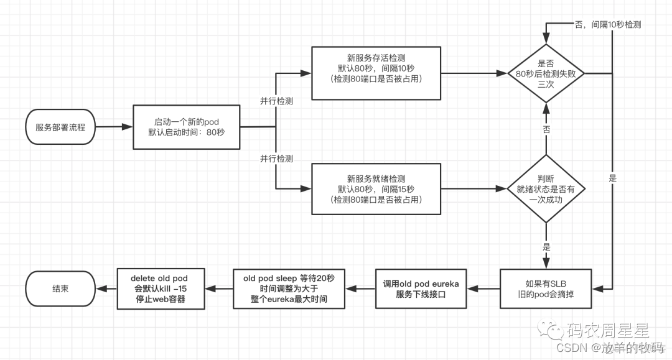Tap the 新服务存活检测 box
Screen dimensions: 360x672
click(x=376, y=72)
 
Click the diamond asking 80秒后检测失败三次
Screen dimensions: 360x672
click(x=546, y=73)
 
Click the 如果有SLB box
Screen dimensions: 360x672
click(x=546, y=288)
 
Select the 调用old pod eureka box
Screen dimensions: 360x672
click(x=421, y=288)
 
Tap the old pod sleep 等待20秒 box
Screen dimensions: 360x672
click(x=289, y=288)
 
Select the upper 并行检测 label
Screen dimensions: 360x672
click(x=276, y=100)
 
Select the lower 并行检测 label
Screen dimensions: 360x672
click(x=276, y=159)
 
